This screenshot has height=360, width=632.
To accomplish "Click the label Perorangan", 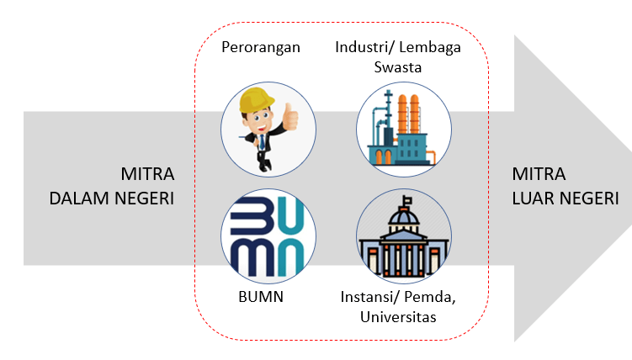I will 260,47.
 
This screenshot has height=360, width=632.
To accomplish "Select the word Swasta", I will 398,66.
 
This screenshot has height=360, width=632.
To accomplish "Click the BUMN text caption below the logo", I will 260,297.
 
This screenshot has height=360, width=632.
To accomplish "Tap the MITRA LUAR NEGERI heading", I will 565,187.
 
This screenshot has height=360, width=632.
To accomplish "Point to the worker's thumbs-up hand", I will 290,119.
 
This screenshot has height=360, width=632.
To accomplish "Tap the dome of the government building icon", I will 404,218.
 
